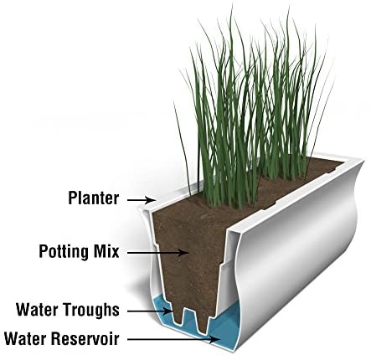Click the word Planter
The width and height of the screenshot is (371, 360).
[94, 198]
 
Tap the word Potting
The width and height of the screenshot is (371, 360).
[64, 251]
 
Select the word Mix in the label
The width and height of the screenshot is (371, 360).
[106, 251]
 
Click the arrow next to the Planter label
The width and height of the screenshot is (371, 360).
[141, 200]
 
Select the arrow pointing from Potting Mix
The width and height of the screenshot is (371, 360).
[157, 253]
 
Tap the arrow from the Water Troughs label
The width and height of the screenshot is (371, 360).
[150, 311]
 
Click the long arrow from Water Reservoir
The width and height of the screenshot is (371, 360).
[173, 339]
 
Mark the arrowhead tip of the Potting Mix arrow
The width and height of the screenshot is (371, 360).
[188, 253]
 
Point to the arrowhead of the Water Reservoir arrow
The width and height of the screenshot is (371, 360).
[215, 339]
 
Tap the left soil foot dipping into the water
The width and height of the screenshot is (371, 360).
[178, 316]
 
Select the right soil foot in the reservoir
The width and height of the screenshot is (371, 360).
[202, 321]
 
